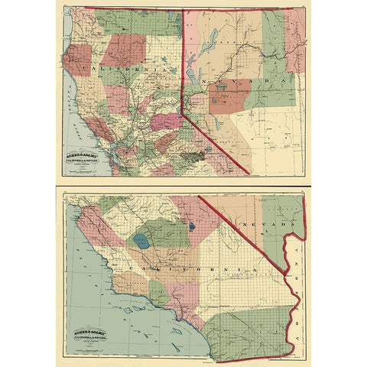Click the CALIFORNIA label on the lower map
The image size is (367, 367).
(x=191, y=271)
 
